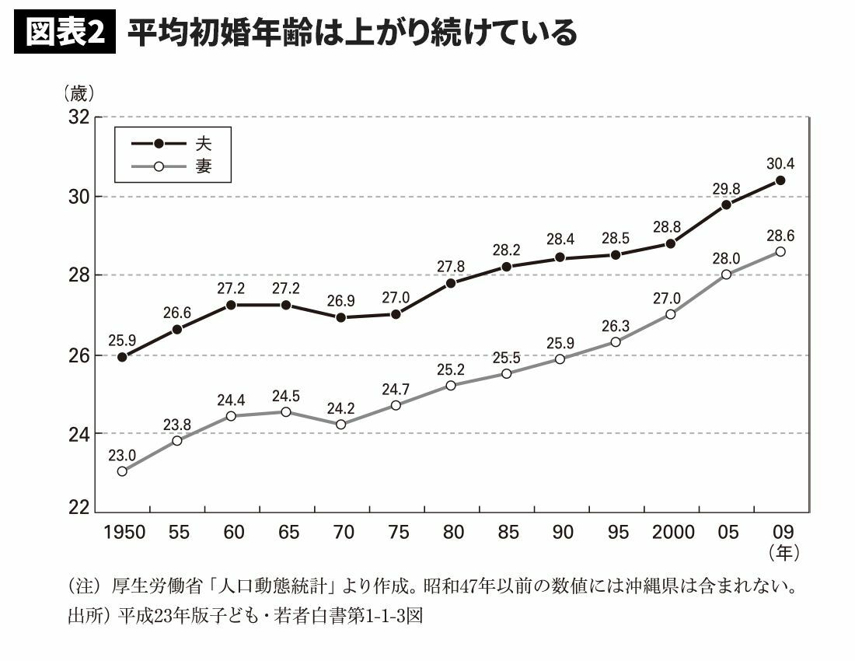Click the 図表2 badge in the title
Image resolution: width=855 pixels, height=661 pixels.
pyautogui.click(x=65, y=33)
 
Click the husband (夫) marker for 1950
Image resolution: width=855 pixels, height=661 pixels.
pyautogui.click(x=123, y=357)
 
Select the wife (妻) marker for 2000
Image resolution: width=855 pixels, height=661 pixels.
pyautogui.click(x=670, y=314)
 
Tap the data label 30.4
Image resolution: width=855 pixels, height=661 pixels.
pyautogui.click(x=780, y=163)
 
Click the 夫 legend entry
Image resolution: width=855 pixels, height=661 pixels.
pyautogui.click(x=203, y=144)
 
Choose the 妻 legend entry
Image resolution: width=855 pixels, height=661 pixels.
pyautogui.click(x=203, y=166)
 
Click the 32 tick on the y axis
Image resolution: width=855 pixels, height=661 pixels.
pyautogui.click(x=79, y=117)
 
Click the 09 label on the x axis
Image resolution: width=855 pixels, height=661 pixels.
pyautogui.click(x=780, y=533)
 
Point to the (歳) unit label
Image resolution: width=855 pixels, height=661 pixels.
pyautogui.click(x=79, y=95)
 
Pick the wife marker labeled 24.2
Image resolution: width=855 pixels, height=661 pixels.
pyautogui.click(x=342, y=424)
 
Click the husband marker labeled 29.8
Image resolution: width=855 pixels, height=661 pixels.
pyautogui.click(x=726, y=205)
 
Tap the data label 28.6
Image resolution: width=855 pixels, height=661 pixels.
pyautogui.click(x=780, y=235)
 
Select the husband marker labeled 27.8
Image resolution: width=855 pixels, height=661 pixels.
pyautogui.click(x=451, y=283)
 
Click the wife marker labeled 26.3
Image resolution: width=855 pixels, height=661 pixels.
pyautogui.click(x=616, y=342)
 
